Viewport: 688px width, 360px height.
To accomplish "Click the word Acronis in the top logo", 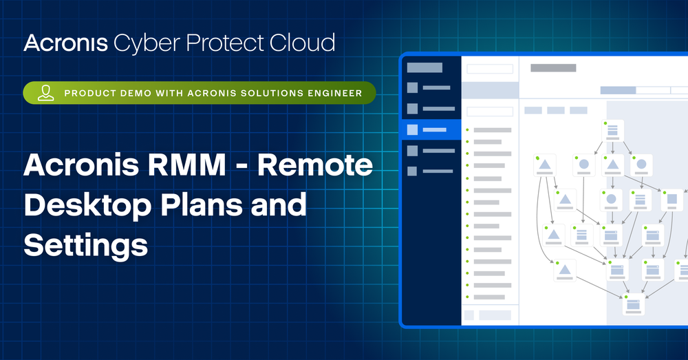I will coord(65,43).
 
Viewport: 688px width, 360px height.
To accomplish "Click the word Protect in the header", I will coord(228,43).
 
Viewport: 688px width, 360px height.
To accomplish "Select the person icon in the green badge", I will coord(46,93).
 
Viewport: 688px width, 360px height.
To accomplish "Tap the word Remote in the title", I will coord(323,167).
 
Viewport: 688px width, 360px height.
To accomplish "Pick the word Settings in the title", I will coord(86,245).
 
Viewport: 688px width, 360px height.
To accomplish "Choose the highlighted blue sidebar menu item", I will coord(431,129).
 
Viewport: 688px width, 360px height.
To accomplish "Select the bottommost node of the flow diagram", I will coord(633,306).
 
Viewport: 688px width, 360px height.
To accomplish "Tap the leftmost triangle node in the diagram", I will coord(544,166).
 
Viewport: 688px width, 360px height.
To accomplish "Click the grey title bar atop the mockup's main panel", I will coord(553,67).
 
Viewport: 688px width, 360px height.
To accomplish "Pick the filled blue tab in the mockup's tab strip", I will coord(618,90).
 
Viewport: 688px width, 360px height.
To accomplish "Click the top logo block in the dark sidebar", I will coord(424,67).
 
